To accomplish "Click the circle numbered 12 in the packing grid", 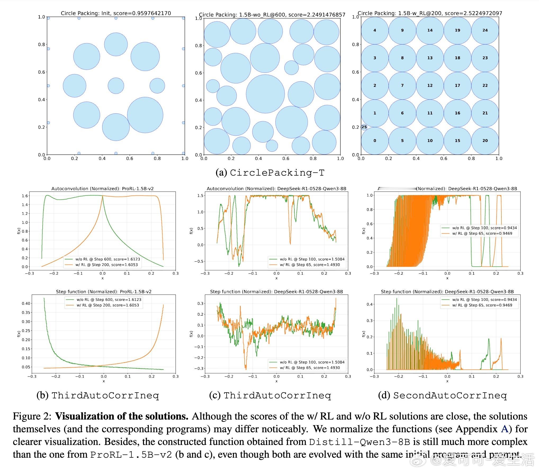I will pos(430,86).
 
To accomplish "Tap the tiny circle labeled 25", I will pos(364,127).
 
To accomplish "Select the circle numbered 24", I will pos(485,30).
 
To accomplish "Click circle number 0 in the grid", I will pos(375,141).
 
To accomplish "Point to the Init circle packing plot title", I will pos(116,13).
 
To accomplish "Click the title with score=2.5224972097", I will pos(430,13).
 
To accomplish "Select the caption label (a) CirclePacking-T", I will pos(270,173).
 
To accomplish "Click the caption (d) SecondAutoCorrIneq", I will pos(442,395).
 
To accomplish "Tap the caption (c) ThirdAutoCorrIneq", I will pos(270,395).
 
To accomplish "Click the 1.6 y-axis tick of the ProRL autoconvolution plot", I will pos(25,196).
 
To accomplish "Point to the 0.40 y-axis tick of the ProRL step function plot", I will pos(26,304).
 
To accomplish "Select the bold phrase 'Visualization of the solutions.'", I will pos(122,416).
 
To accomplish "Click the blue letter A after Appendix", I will pos(504,429).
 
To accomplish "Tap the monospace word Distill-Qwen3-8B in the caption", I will pos(359,442).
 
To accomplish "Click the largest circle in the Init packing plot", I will pos(145,115).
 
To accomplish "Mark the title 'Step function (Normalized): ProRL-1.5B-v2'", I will pos(104,292).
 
